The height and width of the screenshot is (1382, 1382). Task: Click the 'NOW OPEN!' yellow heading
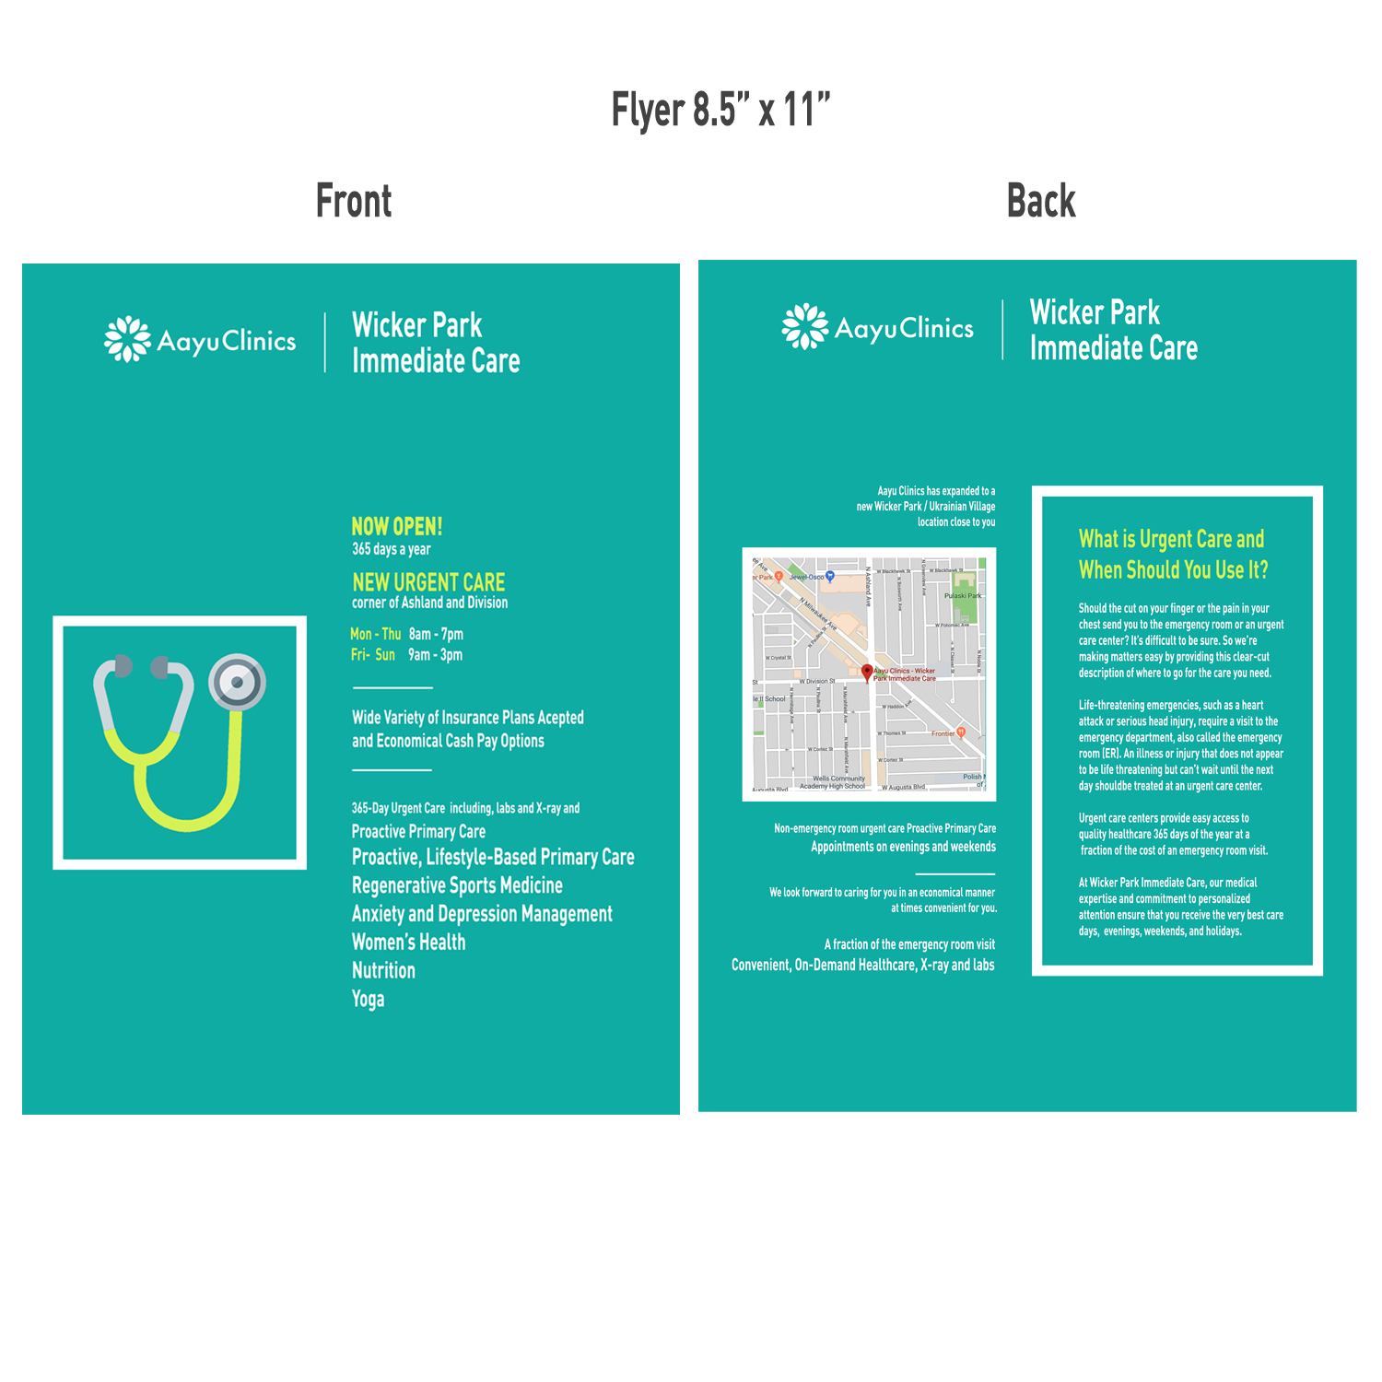397,526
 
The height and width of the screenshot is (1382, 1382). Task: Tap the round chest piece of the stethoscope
238,682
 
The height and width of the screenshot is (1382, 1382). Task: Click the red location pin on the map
867,672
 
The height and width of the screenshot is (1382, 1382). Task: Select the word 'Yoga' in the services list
368,999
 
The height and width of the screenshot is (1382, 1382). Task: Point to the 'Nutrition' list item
383,970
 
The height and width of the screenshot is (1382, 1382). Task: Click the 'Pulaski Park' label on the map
963,595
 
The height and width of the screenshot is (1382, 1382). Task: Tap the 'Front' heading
354,201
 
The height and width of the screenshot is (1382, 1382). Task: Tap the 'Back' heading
1041,201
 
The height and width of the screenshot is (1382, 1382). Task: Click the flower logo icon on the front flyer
127,339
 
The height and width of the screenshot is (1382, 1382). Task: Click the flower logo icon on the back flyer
805,326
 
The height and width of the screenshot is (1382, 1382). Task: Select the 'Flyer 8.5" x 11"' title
720,111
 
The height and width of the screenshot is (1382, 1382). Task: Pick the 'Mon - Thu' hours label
375,634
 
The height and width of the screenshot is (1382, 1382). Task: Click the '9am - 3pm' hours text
436,655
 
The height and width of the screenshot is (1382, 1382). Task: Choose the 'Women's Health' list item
408,942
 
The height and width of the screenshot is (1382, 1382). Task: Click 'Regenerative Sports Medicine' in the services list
457,885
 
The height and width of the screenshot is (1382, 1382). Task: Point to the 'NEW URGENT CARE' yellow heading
428,582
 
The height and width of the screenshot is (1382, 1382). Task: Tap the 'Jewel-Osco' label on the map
807,577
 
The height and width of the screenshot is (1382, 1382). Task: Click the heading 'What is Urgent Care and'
1171,539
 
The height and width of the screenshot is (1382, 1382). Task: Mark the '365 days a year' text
391,549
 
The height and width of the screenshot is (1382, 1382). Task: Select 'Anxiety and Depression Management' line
482,914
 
